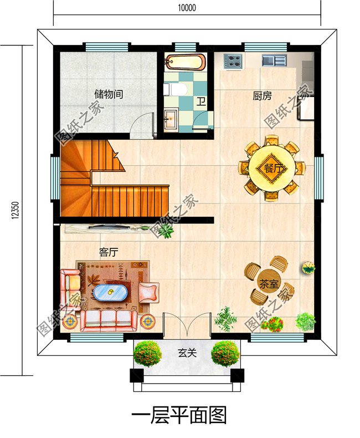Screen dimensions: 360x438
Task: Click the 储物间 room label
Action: tap(109, 94)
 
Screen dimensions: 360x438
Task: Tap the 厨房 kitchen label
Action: tap(262, 96)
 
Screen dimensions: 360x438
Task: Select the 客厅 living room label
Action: tap(109, 252)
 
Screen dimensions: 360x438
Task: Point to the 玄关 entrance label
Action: tap(187, 353)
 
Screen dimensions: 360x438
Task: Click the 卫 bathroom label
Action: tap(201, 101)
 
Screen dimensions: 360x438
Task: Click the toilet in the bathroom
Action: tap(175, 89)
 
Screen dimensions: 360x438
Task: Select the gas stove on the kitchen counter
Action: tap(233, 61)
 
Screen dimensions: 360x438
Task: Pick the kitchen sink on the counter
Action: tap(274, 60)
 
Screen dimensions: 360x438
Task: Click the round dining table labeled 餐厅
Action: tap(271, 168)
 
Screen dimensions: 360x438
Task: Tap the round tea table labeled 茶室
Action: tap(269, 283)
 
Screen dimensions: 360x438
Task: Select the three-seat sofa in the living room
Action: tap(109, 320)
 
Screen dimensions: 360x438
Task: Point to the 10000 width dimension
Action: tap(187, 8)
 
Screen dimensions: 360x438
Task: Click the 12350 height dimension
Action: tap(16, 210)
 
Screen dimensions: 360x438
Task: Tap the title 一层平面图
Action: tap(179, 415)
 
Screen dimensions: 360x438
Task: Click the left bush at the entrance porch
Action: tap(147, 353)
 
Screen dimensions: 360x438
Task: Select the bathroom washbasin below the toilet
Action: tap(171, 120)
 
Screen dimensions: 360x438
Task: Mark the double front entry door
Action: tap(187, 325)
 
